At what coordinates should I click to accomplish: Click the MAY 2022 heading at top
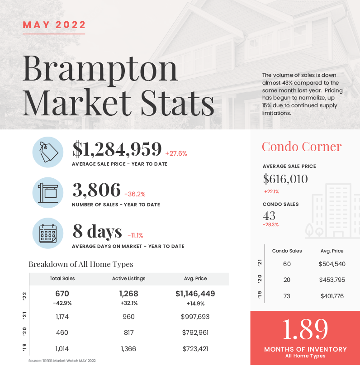(x=54, y=25)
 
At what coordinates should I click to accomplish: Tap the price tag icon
(x=48, y=152)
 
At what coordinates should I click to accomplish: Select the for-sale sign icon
(x=48, y=193)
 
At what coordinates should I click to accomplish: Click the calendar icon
(x=48, y=233)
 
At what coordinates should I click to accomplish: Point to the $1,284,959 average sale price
(x=117, y=149)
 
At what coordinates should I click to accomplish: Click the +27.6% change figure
(x=176, y=153)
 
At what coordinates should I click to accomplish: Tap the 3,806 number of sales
(x=96, y=190)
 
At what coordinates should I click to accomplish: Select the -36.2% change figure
(x=135, y=194)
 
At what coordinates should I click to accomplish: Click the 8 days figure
(x=97, y=231)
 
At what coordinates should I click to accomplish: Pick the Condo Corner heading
(x=302, y=147)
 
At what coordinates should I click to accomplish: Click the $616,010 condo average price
(x=285, y=179)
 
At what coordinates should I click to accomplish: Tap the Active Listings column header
(x=129, y=279)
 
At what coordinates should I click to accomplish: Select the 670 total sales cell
(x=62, y=294)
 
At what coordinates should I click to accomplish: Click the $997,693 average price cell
(x=195, y=317)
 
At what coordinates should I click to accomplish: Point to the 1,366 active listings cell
(x=128, y=349)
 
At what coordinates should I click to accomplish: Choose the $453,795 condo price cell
(x=332, y=280)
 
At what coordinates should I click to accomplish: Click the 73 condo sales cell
(x=287, y=296)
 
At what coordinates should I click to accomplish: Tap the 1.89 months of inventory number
(x=305, y=329)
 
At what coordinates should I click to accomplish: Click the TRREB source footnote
(x=62, y=361)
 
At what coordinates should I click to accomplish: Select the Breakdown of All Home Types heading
(x=81, y=264)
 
